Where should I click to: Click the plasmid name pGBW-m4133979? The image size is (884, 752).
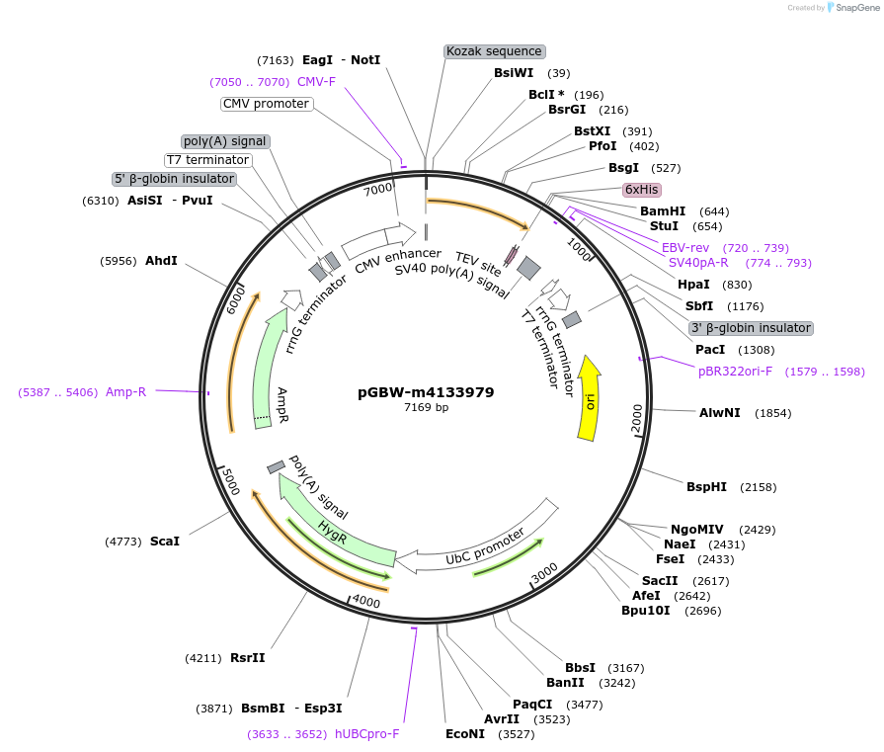(426, 392)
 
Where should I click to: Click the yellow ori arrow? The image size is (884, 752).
(590, 398)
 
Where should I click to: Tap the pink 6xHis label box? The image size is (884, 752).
(641, 189)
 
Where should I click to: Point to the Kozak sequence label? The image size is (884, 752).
(494, 51)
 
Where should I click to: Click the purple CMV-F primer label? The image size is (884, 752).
(316, 82)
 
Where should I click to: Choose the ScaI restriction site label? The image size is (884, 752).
(165, 542)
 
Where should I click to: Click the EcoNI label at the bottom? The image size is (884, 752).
(465, 734)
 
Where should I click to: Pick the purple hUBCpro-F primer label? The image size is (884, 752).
(366, 734)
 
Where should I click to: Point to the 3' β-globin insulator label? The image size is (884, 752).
(751, 328)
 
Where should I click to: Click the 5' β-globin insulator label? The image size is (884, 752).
(175, 179)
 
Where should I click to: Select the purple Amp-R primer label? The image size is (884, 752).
(125, 392)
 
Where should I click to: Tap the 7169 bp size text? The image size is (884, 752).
(426, 407)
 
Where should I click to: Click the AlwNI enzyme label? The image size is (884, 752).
(719, 413)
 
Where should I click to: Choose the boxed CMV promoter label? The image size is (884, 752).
(266, 104)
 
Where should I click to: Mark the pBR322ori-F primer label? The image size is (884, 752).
(735, 372)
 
